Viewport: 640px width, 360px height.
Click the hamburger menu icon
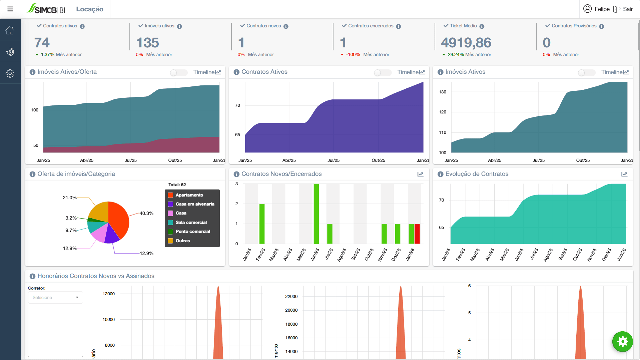point(10,9)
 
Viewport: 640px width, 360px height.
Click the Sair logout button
point(623,9)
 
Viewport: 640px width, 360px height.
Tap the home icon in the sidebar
point(10,30)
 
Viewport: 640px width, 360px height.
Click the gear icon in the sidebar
point(10,73)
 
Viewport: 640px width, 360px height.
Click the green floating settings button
point(622,341)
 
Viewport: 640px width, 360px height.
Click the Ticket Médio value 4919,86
point(466,43)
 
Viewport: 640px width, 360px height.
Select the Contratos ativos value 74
point(42,43)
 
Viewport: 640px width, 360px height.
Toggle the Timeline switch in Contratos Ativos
point(382,72)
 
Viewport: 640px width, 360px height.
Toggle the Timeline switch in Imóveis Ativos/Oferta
point(178,72)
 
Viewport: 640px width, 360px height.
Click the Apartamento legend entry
point(189,195)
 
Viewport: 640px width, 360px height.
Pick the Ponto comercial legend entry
point(192,232)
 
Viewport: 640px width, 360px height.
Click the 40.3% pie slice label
point(146,213)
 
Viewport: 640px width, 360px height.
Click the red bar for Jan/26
point(417,234)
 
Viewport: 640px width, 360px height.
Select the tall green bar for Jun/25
point(316,214)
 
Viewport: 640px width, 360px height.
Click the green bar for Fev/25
point(262,224)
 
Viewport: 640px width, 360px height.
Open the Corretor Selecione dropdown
point(55,297)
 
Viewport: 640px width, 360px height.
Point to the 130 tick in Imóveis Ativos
point(443,92)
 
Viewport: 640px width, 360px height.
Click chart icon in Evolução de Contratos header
point(624,174)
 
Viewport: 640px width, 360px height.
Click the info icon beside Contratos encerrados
point(398,26)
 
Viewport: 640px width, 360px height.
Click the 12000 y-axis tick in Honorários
point(108,294)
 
